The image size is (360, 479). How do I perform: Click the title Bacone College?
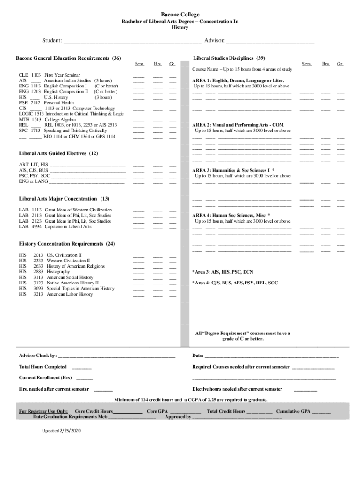[x=180, y=15]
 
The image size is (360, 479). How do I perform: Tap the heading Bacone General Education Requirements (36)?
[x=68, y=58]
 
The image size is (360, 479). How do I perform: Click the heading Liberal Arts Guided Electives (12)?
[x=58, y=153]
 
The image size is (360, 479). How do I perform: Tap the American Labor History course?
[x=70, y=295]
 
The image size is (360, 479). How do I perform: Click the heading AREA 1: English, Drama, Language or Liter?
[x=238, y=80]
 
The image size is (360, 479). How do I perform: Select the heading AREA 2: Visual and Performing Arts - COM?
[x=238, y=125]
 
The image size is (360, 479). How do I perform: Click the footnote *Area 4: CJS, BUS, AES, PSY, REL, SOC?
[x=235, y=283]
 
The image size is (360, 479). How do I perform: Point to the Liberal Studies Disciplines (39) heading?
[x=229, y=58]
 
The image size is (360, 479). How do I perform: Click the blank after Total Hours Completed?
[x=82, y=368]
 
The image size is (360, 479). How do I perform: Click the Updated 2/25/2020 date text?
[x=62, y=430]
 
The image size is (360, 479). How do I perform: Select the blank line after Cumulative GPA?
[x=321, y=412]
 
